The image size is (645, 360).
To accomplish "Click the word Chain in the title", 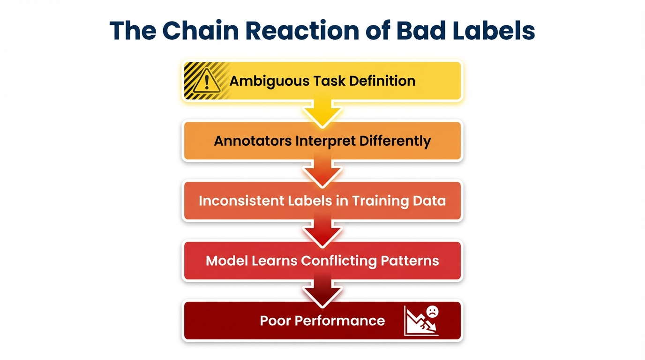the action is pos(201,30).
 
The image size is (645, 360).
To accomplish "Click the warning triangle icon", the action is pos(206,81).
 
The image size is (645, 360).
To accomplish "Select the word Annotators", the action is pos(253,141).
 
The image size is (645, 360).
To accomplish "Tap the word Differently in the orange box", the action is pos(395,142).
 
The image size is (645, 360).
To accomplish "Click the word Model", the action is pos(227,261).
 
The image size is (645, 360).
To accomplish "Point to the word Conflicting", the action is pos(338,261).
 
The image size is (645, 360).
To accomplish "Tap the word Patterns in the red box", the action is pos(410,261).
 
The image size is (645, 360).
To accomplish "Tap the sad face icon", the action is pos(432,312).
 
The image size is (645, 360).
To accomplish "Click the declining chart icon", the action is pos(421,321).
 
